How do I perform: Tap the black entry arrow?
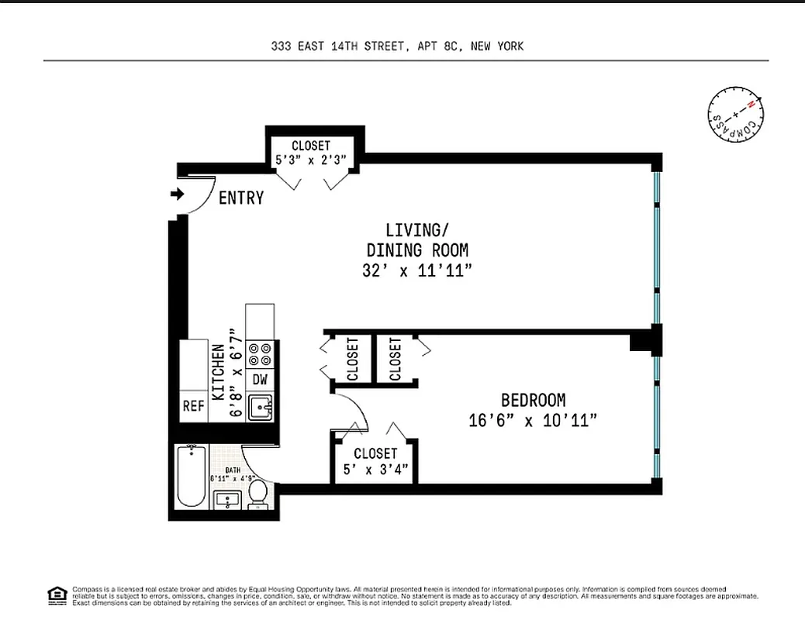(x=178, y=195)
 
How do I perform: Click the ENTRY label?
(x=240, y=198)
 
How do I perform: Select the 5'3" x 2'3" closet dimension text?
(x=311, y=160)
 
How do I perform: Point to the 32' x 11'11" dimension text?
(x=416, y=271)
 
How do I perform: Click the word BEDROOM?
(x=533, y=401)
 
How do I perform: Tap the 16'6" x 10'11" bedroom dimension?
(x=533, y=421)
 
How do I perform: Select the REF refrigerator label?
(x=192, y=406)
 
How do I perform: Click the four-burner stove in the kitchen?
(x=261, y=354)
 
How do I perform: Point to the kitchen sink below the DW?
(x=261, y=406)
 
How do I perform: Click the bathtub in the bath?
(x=189, y=477)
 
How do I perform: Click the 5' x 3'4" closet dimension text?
(x=375, y=469)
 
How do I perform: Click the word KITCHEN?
(x=219, y=373)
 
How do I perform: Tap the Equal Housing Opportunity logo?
(x=56, y=594)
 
